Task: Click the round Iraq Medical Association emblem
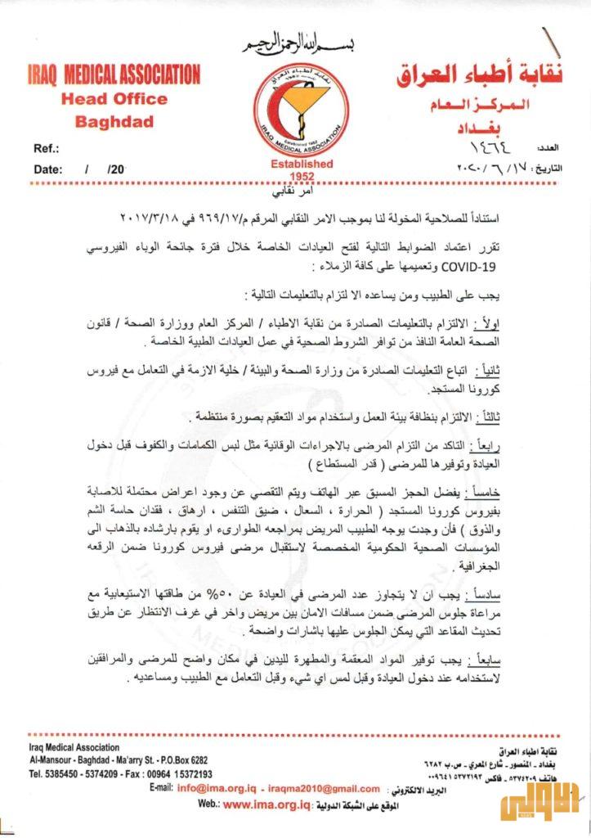pos(300,108)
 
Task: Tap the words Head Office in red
pos(114,100)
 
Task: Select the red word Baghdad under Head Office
pos(114,123)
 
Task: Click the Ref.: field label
pos(47,148)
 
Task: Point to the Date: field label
pos(49,169)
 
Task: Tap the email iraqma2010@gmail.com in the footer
pos(323,788)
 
